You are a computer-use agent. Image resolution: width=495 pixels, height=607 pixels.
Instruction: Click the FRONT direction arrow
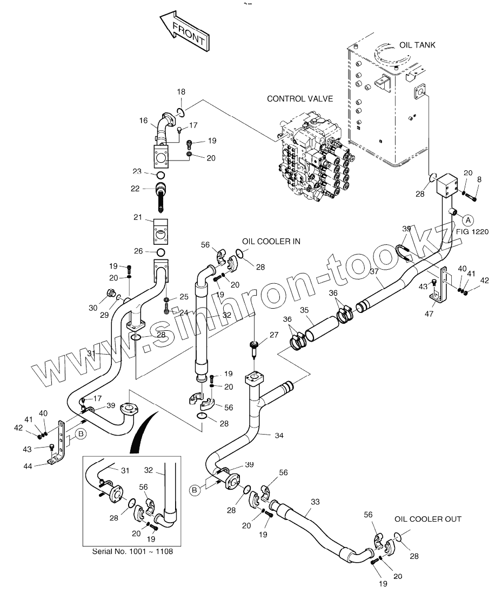184,34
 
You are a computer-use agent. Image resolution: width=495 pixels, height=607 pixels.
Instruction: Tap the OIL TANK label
417,45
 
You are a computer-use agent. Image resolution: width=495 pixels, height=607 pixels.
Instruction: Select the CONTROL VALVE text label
300,98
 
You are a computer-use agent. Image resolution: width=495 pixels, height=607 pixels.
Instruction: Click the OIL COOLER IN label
271,242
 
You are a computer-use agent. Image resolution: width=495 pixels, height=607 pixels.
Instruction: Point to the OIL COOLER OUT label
427,519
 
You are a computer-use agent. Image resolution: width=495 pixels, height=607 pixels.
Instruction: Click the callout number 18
181,92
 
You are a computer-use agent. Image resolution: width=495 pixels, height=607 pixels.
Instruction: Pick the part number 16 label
143,121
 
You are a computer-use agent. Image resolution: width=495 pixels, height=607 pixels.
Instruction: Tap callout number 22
135,189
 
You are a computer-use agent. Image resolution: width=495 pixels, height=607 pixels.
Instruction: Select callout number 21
138,218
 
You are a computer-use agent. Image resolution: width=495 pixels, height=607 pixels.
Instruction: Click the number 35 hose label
304,310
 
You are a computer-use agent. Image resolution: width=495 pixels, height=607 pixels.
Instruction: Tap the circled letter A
469,219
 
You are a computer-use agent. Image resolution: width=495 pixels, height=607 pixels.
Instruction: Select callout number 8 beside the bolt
479,179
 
